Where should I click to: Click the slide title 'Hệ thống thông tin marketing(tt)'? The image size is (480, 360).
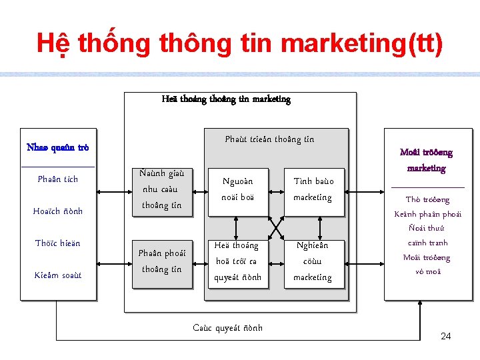239,44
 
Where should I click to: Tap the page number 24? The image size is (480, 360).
446,336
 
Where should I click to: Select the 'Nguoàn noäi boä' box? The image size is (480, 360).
238,189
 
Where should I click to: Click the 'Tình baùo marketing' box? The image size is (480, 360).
313,189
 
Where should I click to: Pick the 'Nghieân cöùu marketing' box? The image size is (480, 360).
313,261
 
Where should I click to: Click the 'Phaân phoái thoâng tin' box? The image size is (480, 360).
162,261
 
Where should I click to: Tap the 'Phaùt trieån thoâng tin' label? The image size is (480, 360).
269,139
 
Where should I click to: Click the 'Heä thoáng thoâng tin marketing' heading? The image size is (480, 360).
226,99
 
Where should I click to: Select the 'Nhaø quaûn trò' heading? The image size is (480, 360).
57,147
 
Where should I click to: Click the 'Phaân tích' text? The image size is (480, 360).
58,179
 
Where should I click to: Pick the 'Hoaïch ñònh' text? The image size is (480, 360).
58,211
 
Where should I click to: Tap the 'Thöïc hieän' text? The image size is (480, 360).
58,243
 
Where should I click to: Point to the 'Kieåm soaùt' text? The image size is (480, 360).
58,275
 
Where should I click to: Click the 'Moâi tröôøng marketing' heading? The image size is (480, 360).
426,160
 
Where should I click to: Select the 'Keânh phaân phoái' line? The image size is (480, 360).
427,214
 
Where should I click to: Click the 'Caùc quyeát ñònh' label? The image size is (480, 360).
228,328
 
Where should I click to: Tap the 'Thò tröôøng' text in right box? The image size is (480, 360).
427,199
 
